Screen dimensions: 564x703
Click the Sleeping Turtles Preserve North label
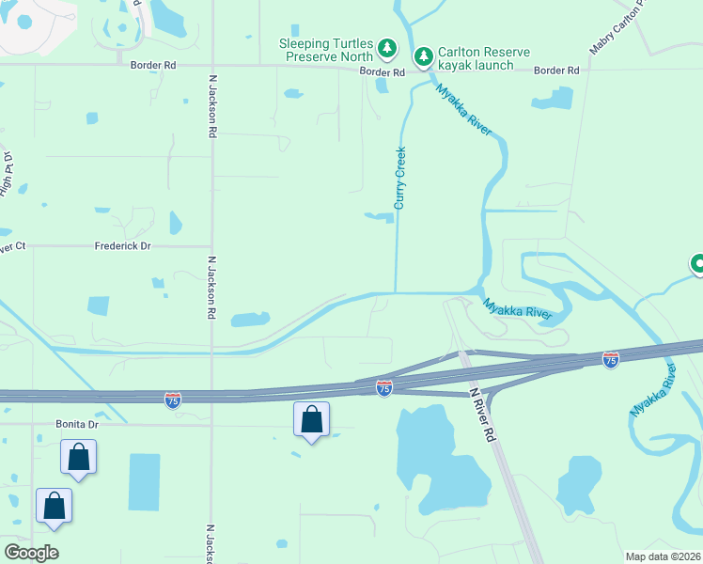[325, 52]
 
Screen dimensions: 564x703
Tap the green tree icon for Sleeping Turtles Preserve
[386, 47]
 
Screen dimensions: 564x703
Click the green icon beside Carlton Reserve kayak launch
[424, 57]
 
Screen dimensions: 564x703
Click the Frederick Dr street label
[122, 246]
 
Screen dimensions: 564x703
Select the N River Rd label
[481, 415]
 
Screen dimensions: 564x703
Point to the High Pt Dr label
[8, 173]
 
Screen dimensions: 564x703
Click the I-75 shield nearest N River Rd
[383, 387]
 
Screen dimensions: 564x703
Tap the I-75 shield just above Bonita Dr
[172, 399]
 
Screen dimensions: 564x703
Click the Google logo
[31, 552]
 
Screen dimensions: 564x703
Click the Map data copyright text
[662, 556]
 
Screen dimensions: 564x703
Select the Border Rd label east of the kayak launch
[556, 70]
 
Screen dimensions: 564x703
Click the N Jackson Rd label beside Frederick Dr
[211, 288]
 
